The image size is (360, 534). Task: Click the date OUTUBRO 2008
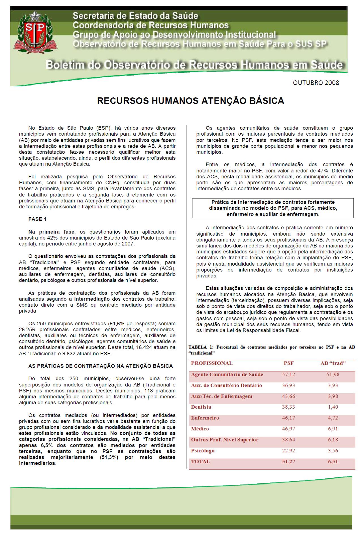[x=316, y=83]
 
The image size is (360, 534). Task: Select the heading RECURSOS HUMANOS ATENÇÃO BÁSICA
[x=190, y=101]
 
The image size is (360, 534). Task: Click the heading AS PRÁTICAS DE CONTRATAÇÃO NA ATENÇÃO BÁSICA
[x=100, y=366]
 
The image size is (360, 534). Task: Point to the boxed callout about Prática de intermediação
[x=273, y=208]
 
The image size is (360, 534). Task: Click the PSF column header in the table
[x=289, y=363]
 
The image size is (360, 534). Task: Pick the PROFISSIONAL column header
[x=212, y=363]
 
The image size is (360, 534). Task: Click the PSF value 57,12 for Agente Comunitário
[x=289, y=374]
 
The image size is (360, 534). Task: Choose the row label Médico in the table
[x=200, y=429]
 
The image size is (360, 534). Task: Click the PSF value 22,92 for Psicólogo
[x=289, y=450]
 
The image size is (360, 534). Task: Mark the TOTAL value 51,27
[x=289, y=462]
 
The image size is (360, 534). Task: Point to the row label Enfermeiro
[x=205, y=418]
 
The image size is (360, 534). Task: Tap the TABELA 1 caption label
[x=202, y=347]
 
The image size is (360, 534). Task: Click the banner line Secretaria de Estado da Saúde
[x=135, y=16]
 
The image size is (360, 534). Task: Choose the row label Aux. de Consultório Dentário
[x=226, y=385]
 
